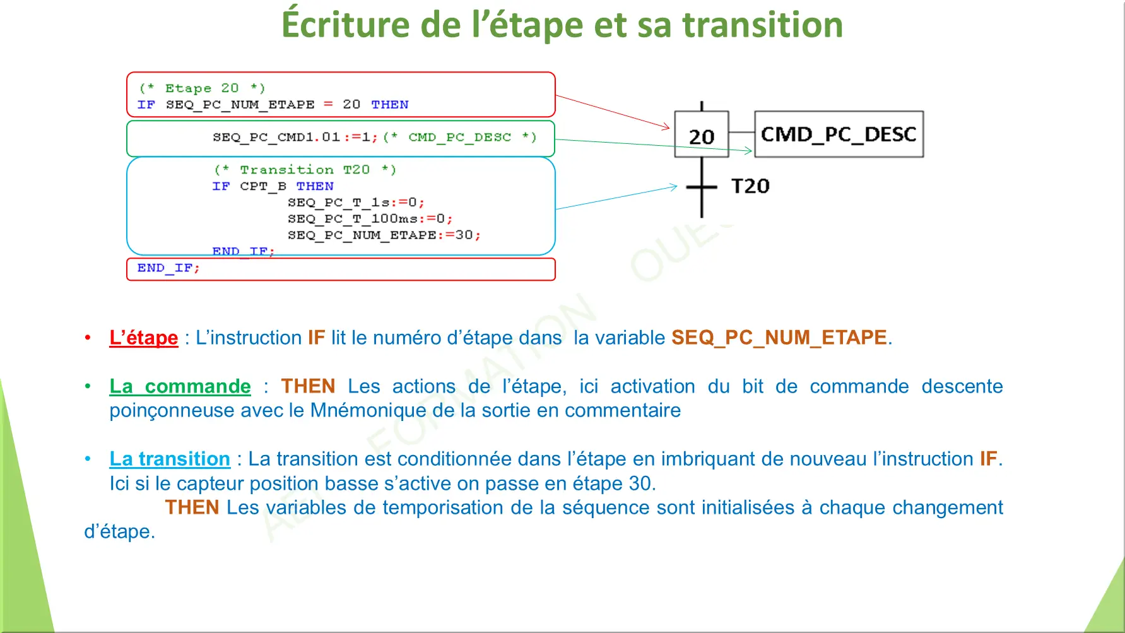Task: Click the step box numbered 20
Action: pyautogui.click(x=702, y=134)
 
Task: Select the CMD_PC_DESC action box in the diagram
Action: pyautogui.click(x=839, y=134)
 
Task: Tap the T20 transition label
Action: pyautogui.click(x=750, y=186)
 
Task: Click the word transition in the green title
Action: pyautogui.click(x=763, y=25)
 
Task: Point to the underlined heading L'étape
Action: pyautogui.click(x=144, y=338)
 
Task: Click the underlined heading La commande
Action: pyautogui.click(x=180, y=386)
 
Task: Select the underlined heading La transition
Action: pyautogui.click(x=170, y=459)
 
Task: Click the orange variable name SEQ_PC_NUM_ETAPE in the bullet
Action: pyautogui.click(x=779, y=338)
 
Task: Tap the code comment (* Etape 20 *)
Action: pyautogui.click(x=202, y=88)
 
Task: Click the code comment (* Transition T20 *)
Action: pyautogui.click(x=305, y=170)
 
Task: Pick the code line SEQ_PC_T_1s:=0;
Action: pyautogui.click(x=356, y=203)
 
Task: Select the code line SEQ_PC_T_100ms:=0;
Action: pyautogui.click(x=370, y=219)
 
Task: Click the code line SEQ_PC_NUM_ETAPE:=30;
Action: pyautogui.click(x=384, y=235)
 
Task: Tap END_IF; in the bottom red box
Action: pyautogui.click(x=168, y=268)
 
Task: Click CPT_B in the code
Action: pyautogui.click(x=263, y=186)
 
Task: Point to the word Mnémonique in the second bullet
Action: pyautogui.click(x=368, y=411)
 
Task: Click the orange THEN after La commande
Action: pyautogui.click(x=308, y=386)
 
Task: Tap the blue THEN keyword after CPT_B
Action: pyautogui.click(x=315, y=186)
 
